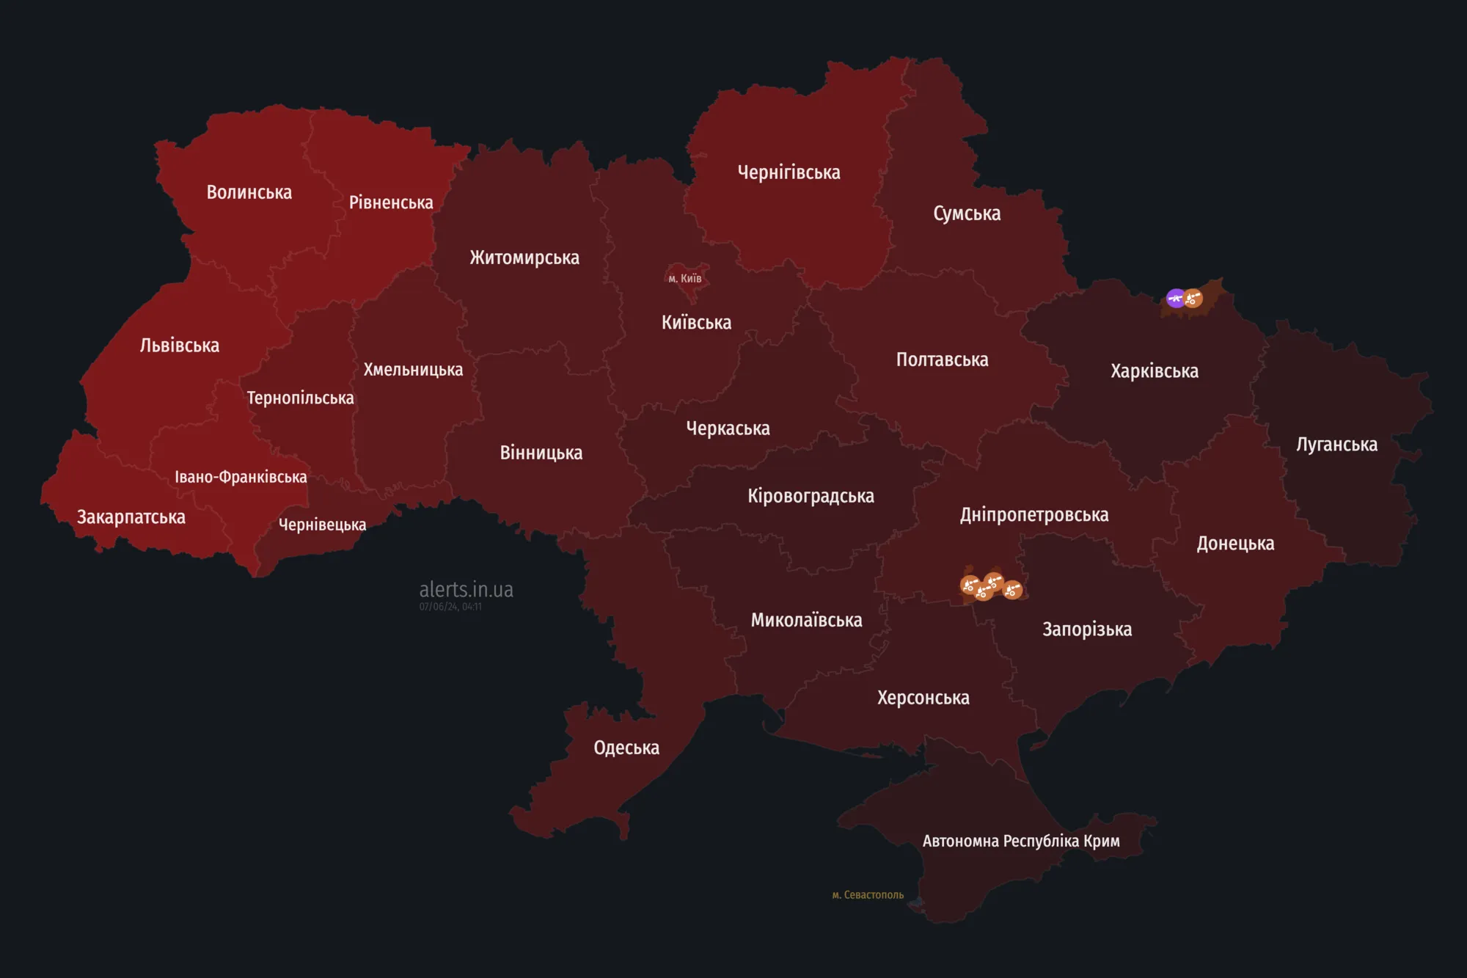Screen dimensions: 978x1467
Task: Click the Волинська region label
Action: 249,192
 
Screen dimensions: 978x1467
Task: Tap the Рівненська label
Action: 391,202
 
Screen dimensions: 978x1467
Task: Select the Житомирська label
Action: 524,258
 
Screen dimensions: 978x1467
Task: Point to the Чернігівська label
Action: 789,172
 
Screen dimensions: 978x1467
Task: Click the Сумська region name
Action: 967,214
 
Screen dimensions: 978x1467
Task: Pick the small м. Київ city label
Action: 684,278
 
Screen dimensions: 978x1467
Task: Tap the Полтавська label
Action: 942,360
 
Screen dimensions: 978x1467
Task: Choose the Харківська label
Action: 1154,371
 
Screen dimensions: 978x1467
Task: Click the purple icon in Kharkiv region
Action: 1176,298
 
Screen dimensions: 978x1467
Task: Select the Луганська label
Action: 1336,445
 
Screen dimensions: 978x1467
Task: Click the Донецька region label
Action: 1235,544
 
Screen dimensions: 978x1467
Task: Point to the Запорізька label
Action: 1086,630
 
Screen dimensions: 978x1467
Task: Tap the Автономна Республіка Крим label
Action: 1020,841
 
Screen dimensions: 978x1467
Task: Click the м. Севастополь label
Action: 868,895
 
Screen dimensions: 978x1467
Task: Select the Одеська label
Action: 626,748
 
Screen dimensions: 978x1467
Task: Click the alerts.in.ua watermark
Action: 466,589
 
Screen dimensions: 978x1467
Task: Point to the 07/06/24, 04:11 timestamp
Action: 450,607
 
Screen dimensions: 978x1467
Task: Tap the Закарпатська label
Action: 131,517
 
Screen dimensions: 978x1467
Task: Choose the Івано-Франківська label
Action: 241,477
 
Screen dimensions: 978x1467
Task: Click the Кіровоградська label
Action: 811,496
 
